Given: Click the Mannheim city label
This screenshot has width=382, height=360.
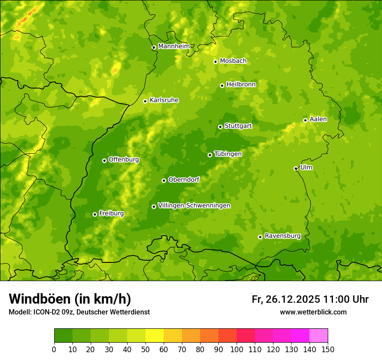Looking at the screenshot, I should click(x=174, y=46).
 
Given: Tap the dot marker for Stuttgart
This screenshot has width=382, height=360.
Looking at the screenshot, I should click(x=220, y=127).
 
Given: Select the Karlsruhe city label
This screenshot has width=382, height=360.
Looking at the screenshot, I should click(x=164, y=100).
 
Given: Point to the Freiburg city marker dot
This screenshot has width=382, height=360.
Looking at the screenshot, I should click(x=95, y=214).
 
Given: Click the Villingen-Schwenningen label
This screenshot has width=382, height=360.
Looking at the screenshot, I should click(x=194, y=206).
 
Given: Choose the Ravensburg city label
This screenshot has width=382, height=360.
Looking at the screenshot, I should click(x=283, y=236).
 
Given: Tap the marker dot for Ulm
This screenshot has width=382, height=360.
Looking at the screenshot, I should click(x=296, y=168).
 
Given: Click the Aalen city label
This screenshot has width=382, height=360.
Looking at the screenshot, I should click(x=318, y=119).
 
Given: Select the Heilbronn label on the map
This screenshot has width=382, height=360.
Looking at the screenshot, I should click(x=241, y=85).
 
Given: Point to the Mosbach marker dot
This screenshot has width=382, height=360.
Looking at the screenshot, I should click(x=215, y=62).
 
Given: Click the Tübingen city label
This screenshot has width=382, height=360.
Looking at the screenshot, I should click(x=228, y=154).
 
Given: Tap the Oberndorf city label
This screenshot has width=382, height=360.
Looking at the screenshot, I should click(x=184, y=180).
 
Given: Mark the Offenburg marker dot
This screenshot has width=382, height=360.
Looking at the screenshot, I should click(x=104, y=160).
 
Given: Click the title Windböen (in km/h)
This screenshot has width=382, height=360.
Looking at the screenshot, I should click(x=69, y=299).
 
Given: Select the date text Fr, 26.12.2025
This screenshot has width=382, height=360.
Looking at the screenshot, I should click(x=286, y=299).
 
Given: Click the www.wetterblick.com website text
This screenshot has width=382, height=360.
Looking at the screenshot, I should click(x=313, y=312).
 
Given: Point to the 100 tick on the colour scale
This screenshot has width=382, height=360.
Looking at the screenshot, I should click(x=237, y=350).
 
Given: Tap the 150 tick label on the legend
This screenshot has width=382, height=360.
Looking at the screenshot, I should click(x=328, y=350).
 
